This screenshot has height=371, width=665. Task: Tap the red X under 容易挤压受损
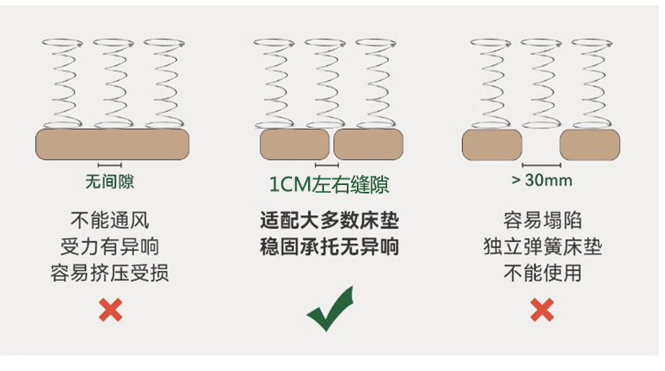click(109, 311)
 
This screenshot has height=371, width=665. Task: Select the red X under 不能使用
click(542, 311)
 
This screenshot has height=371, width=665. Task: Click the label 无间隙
click(109, 180)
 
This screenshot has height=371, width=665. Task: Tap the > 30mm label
click(542, 180)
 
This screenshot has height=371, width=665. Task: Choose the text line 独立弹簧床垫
click(542, 247)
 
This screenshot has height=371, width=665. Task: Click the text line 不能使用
click(542, 273)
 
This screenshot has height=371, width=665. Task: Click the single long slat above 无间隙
click(111, 144)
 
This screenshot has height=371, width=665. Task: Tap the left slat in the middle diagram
click(295, 144)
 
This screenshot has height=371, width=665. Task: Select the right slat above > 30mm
click(590, 144)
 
